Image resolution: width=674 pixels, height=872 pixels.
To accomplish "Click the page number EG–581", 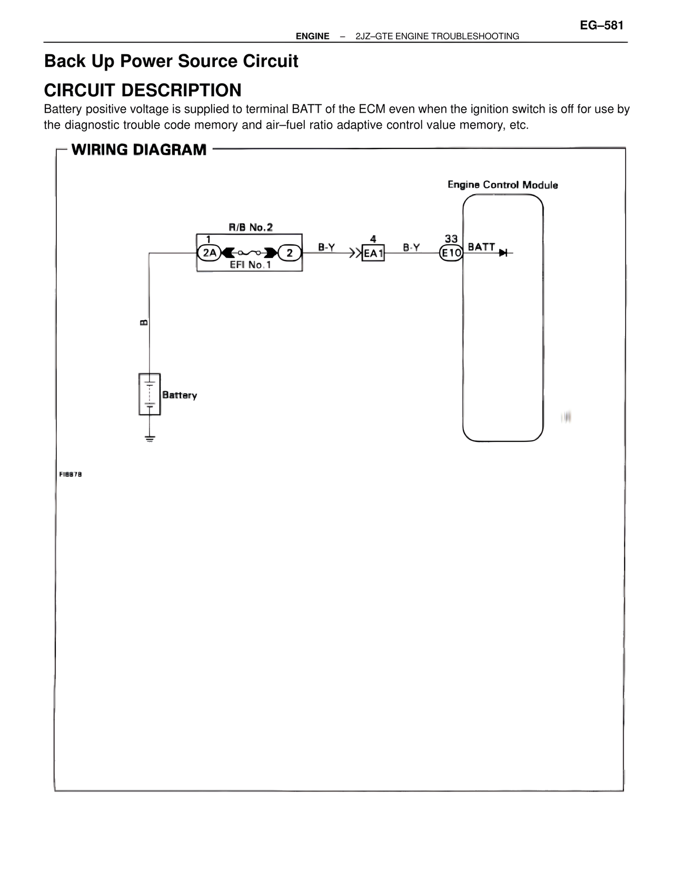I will (x=601, y=25).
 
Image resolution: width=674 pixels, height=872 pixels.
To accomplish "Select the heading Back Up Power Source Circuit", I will (x=171, y=62).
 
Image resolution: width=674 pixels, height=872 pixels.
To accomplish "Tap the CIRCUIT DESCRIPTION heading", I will (x=143, y=90).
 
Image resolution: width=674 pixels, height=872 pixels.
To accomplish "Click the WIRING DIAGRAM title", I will (x=139, y=150).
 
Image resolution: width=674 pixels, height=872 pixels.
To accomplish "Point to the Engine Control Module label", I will (x=502, y=185).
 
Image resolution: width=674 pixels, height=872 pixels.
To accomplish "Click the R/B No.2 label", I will (x=251, y=227).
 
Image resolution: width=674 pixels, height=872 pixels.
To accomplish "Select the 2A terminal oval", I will (x=210, y=253).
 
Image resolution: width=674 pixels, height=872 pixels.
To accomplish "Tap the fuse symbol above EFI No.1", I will (x=250, y=253).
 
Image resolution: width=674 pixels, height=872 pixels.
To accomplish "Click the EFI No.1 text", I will (x=250, y=265).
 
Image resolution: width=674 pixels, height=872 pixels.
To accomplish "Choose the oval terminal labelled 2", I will (x=290, y=253).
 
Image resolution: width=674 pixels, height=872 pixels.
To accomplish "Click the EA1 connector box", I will (x=373, y=253).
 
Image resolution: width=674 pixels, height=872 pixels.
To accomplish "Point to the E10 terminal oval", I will (x=451, y=253).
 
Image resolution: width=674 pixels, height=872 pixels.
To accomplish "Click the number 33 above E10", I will (x=451, y=239).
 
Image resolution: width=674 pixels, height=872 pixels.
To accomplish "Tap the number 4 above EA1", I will (x=373, y=239).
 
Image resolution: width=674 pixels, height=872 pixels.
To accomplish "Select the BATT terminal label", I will (x=481, y=247).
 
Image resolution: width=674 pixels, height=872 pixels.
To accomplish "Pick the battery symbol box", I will (x=150, y=394).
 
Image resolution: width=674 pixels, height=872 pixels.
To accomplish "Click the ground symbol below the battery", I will (x=150, y=438).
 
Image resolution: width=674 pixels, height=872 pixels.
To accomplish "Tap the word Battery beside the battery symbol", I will (x=180, y=395).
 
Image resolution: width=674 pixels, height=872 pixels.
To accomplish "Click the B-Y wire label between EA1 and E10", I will (x=411, y=247).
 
